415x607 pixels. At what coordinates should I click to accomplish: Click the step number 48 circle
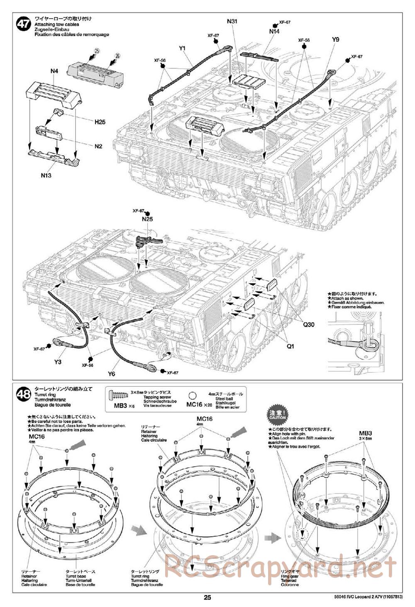point(23,396)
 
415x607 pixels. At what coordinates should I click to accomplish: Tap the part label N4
point(54,71)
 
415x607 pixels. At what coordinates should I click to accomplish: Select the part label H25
point(100,122)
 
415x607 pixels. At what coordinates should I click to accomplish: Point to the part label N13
point(46,175)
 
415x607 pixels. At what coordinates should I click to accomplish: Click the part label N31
point(232,21)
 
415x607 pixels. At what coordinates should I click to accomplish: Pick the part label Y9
point(336,39)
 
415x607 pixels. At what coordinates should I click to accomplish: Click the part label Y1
point(182,49)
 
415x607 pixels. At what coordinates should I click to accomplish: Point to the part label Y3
point(58,362)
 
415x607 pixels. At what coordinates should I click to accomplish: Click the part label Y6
point(111,374)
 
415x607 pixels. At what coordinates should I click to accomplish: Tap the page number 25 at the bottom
point(207,597)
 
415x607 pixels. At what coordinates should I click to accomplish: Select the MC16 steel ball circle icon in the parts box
point(192,396)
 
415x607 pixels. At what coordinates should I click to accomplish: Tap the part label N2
point(98,146)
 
